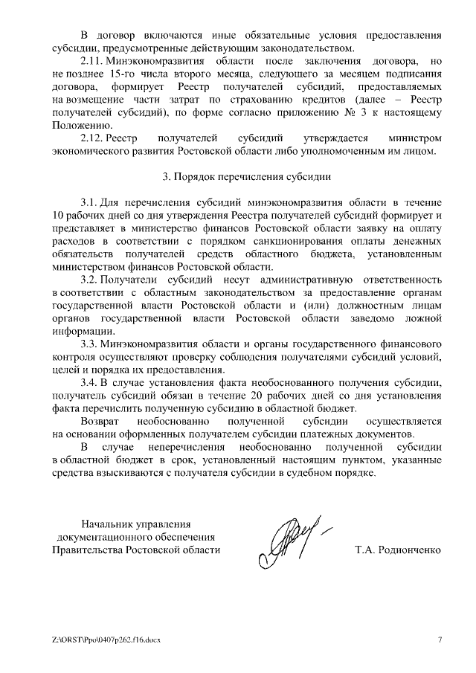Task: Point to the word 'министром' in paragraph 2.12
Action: [x=415, y=138]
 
